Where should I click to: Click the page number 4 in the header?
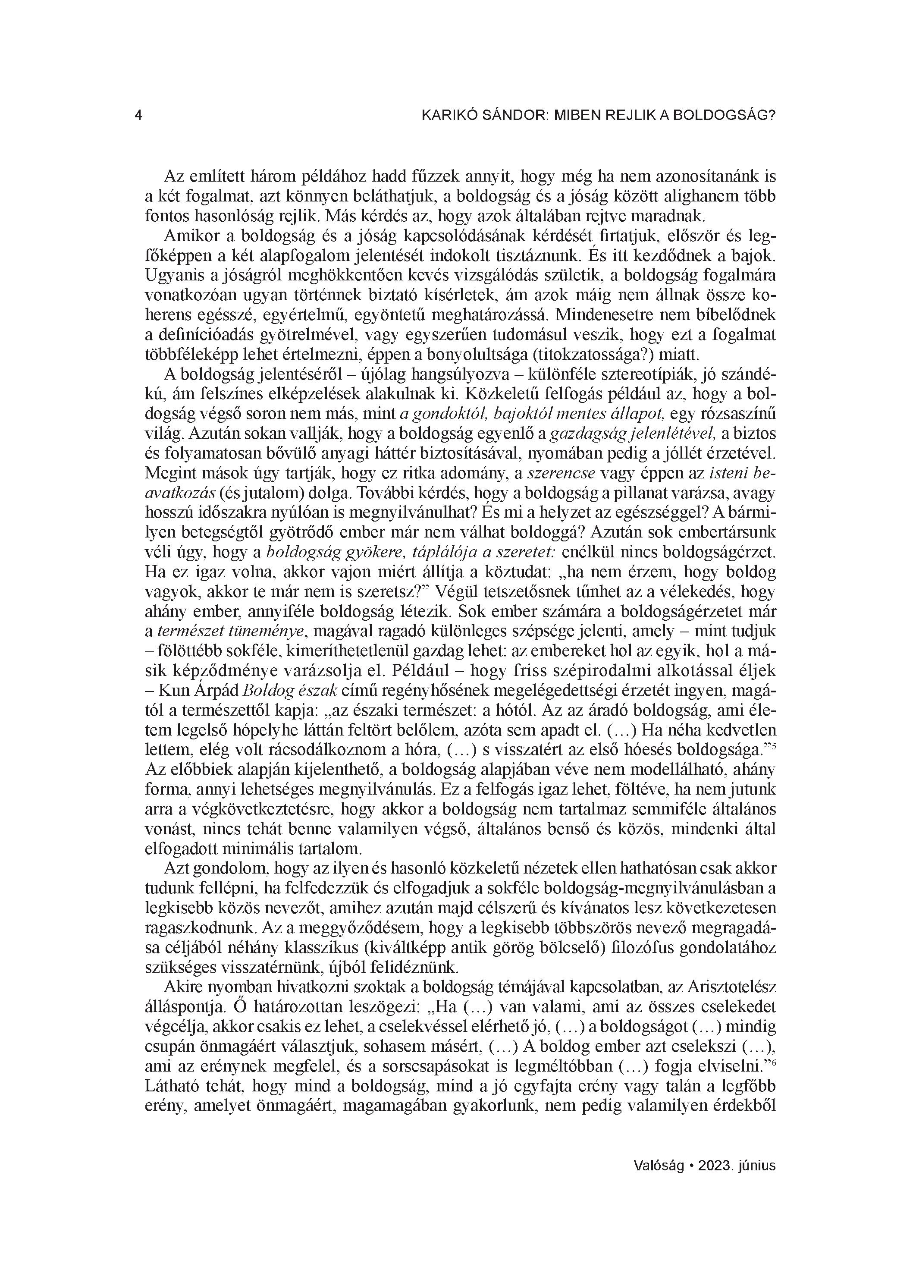[x=138, y=116]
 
